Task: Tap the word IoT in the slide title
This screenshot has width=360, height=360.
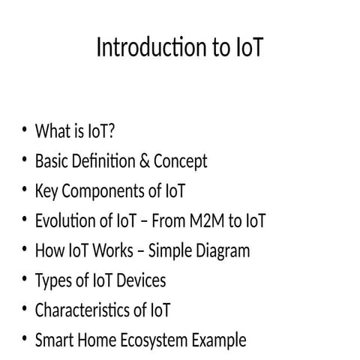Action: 246,48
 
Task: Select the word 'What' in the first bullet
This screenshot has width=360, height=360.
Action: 51,131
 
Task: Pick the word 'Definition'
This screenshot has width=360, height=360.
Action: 106,161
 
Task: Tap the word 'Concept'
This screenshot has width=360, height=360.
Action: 180,161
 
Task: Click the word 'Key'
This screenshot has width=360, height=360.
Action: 46,191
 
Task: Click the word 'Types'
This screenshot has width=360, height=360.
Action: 52,280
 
